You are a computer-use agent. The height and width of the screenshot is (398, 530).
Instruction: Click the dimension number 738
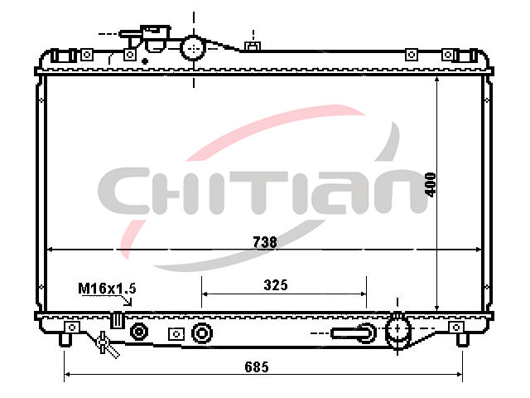pos(265,242)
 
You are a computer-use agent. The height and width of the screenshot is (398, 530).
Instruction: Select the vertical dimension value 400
pos(431,184)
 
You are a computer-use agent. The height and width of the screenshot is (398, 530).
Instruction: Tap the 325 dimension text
pos(276,285)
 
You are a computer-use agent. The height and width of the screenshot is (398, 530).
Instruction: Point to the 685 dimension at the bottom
pos(257,366)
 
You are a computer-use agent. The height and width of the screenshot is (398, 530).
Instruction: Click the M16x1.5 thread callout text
pos(107,289)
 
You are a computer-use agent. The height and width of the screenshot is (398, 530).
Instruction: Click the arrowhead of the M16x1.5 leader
pos(129,302)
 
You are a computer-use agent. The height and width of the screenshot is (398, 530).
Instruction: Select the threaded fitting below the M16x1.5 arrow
pos(118,320)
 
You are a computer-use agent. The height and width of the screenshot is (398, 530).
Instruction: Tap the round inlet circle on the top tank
pos(193,48)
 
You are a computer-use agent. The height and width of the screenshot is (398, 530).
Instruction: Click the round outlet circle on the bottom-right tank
pos(397,328)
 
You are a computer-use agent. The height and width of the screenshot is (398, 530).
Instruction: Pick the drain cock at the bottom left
pos(106,345)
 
